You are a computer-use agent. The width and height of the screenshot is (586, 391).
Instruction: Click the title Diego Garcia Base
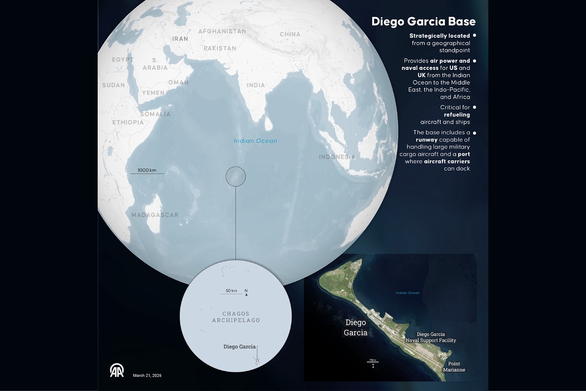[423, 22]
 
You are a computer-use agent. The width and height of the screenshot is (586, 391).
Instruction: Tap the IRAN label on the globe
[180, 38]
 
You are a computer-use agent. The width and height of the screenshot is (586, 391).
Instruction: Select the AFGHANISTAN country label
[222, 31]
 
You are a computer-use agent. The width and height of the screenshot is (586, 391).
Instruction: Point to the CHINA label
[290, 34]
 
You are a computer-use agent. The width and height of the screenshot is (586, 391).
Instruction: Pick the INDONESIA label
[337, 157]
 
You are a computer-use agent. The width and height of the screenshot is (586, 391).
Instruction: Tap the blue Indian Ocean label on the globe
[255, 141]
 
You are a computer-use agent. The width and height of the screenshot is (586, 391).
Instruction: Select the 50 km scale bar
[231, 294]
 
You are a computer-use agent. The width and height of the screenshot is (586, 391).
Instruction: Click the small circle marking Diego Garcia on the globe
[235, 176]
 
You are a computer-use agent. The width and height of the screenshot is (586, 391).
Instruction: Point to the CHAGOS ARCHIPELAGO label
[236, 317]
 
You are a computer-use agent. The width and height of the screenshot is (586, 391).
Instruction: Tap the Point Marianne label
[454, 367]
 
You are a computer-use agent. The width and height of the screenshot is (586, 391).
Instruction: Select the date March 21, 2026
[147, 375]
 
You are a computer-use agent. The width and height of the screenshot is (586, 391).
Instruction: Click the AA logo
[117, 371]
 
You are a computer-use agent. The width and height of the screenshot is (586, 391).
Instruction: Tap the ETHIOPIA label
[128, 122]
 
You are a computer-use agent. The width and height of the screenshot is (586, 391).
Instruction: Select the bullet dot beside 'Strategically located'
[475, 36]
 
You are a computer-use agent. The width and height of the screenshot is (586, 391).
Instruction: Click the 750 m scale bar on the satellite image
[373, 362]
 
